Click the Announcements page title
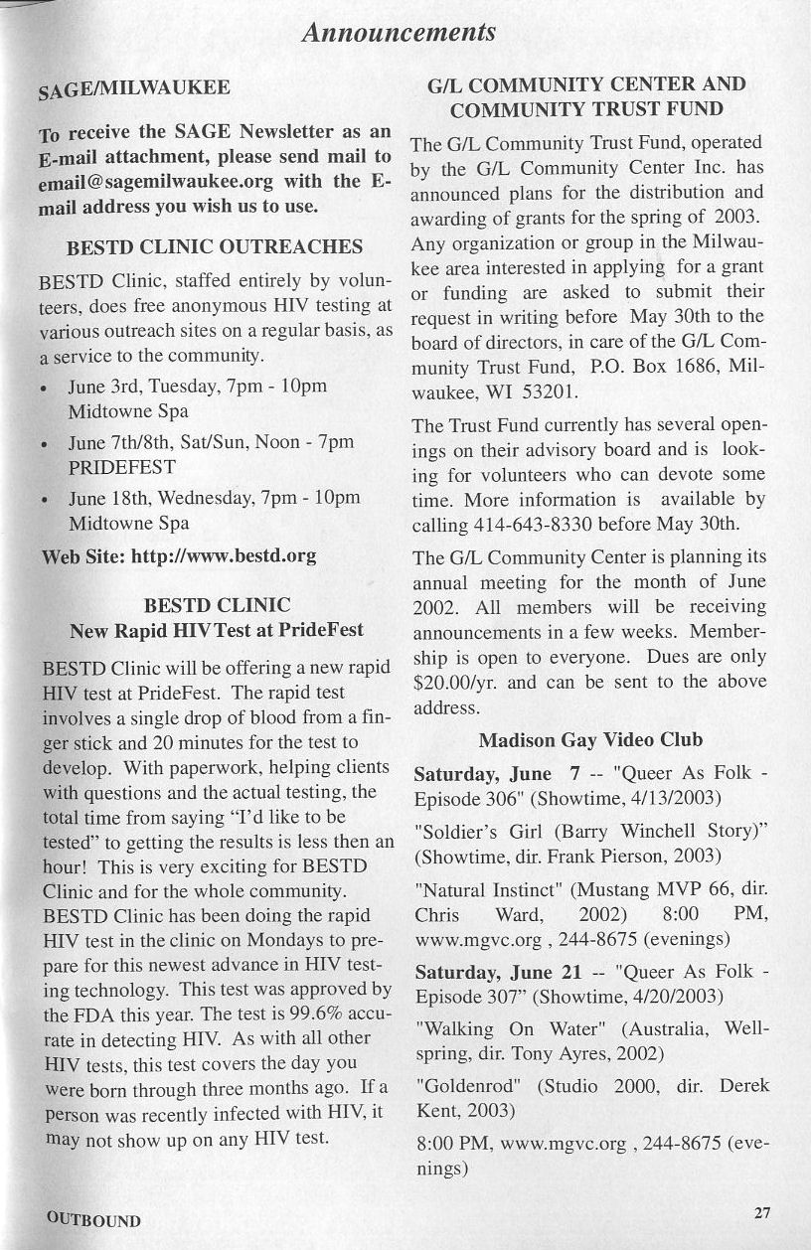click(400, 33)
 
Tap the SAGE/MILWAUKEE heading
click(133, 89)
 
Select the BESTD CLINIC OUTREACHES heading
click(214, 246)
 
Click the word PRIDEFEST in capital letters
click(121, 466)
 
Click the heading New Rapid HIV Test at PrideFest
click(217, 630)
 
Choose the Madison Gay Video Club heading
click(590, 739)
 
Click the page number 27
click(761, 1212)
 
